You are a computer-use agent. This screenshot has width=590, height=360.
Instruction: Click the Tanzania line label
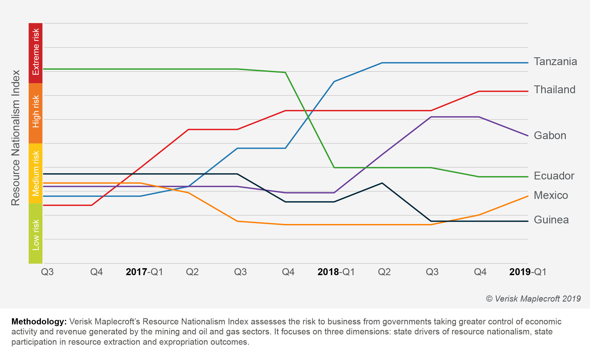pos(555,61)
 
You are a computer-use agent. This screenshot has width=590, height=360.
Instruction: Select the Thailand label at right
pos(554,90)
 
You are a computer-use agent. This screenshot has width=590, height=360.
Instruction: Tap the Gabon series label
pos(550,135)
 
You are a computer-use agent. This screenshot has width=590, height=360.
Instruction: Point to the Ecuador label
pos(554,176)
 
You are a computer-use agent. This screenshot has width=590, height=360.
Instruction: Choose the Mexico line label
pos(551,195)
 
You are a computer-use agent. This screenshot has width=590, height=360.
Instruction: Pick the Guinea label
pos(551,220)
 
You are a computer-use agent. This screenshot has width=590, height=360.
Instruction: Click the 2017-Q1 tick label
pos(144,272)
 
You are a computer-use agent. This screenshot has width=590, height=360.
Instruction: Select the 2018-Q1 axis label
pos(336,272)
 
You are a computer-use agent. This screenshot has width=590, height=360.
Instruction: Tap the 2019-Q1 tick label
pos(528,272)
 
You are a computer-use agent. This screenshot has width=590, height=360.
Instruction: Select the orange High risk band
pos(36,113)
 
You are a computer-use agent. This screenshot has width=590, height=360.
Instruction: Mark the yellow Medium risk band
pos(36,173)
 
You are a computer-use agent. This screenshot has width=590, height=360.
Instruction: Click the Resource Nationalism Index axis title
pos(16,138)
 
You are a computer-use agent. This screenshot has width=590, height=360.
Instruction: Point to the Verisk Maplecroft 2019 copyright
pos(533,299)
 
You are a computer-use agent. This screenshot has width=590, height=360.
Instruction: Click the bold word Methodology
pos(39,322)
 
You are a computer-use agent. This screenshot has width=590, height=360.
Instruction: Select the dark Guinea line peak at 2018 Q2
pos(382,183)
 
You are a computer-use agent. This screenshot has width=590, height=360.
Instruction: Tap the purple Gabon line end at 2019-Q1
pos(527,136)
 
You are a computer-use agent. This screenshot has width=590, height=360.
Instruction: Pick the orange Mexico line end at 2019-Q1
pos(527,196)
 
